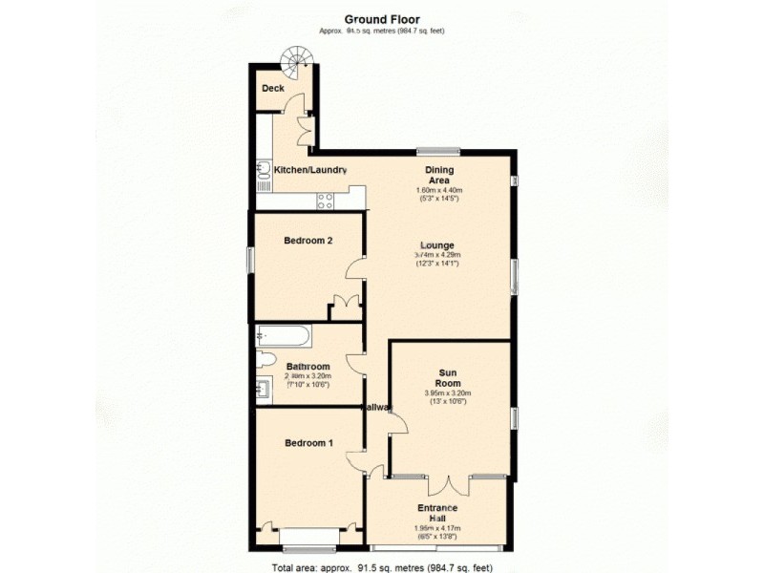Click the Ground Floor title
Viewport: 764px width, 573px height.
381,18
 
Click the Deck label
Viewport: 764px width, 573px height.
273,88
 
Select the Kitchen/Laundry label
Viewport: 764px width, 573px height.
309,170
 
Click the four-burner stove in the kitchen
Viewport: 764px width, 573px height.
326,201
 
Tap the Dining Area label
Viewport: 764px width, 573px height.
438,175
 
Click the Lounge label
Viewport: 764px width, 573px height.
438,244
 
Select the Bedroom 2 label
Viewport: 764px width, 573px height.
308,241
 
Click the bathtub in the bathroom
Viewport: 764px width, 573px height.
283,337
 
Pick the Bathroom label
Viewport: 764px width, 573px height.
308,367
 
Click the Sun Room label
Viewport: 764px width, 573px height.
449,378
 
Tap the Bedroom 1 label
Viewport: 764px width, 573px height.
308,443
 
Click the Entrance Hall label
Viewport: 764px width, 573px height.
437,513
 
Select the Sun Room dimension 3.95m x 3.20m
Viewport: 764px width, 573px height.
449,393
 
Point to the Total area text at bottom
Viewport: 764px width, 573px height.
382,566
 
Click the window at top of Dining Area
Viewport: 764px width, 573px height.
438,150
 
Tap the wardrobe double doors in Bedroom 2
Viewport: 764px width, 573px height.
345,308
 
